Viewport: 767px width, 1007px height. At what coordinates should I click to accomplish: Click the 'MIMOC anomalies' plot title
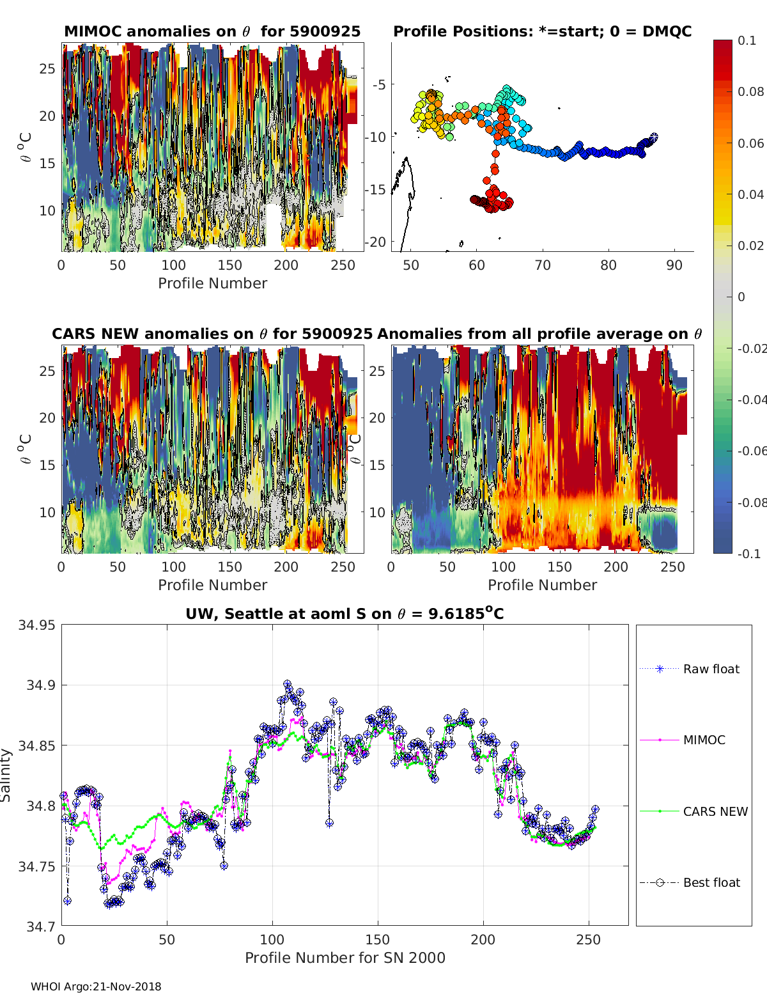click(212, 32)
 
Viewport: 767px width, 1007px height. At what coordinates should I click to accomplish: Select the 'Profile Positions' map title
click(542, 32)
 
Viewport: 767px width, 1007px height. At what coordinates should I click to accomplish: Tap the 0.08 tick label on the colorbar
click(750, 91)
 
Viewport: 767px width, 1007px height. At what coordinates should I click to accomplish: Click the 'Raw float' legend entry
click(711, 669)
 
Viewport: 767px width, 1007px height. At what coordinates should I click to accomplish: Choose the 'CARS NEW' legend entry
click(715, 811)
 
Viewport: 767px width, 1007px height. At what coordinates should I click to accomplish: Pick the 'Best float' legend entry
click(711, 882)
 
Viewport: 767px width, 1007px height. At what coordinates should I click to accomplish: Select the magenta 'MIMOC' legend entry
click(704, 740)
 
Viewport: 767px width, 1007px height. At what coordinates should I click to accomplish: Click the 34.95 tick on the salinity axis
click(36, 625)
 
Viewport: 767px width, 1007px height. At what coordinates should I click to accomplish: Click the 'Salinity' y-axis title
click(6, 775)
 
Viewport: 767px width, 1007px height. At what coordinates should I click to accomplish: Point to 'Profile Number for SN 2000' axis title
click(345, 958)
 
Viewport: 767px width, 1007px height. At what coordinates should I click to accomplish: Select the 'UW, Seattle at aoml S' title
click(345, 614)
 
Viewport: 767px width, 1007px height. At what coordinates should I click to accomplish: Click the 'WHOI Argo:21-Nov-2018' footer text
click(96, 987)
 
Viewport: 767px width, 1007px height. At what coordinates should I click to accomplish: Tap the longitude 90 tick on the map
click(674, 265)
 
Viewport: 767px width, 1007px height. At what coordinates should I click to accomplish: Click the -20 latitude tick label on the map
click(376, 242)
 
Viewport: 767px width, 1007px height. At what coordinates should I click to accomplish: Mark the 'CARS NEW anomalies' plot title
click(212, 334)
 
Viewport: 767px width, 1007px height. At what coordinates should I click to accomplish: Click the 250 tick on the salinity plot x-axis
click(589, 940)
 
